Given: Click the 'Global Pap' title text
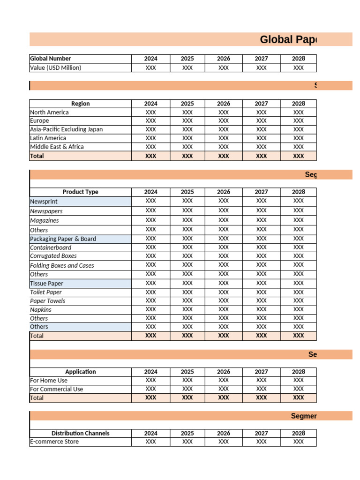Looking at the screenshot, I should click(288, 40).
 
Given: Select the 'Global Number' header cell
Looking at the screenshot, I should click(51, 59).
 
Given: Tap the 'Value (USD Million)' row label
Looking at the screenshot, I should click(56, 67).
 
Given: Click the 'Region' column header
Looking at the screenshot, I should click(80, 104).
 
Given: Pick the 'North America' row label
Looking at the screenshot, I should click(49, 112).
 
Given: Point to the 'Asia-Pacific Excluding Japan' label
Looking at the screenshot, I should click(66, 129).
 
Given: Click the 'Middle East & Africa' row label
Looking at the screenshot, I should click(57, 147).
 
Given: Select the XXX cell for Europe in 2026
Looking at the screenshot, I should click(224, 121).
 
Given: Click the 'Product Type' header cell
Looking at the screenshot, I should click(80, 192).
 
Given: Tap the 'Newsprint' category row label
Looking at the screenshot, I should click(44, 202).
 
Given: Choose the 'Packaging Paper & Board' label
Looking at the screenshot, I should click(63, 239).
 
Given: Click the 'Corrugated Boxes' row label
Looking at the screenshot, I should click(53, 256).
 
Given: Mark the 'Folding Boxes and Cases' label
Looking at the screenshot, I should click(62, 265).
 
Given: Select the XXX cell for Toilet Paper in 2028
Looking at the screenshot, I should click(298, 292).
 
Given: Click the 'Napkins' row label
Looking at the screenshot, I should click(41, 309).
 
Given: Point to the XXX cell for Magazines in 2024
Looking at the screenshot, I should click(150, 220).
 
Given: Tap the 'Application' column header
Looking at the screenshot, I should click(80, 372).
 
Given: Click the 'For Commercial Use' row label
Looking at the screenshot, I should click(56, 389).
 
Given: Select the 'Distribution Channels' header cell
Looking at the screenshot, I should click(80, 433).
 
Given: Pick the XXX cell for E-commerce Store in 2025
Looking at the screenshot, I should click(187, 442).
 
